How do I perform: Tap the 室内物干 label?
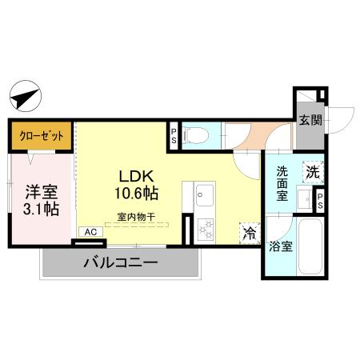click(135, 215)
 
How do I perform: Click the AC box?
click(90, 232)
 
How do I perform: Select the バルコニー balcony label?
click(120, 262)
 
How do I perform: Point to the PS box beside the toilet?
click(173, 135)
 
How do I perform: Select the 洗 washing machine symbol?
click(313, 170)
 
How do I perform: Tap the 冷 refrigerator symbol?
click(249, 233)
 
